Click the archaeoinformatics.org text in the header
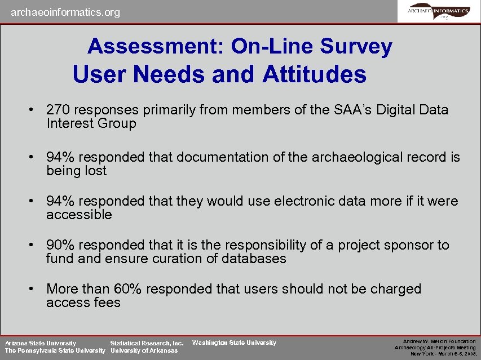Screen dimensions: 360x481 (x=65, y=12)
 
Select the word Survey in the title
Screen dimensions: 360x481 (x=356, y=46)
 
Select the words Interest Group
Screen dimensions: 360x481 (x=91, y=123)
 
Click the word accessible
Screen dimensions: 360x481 (x=79, y=215)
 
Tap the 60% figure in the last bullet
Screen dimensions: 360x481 (x=129, y=289)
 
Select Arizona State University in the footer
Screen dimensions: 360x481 (x=41, y=343)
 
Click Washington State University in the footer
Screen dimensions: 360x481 (x=234, y=343)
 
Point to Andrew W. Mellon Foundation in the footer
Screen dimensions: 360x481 (x=439, y=341)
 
